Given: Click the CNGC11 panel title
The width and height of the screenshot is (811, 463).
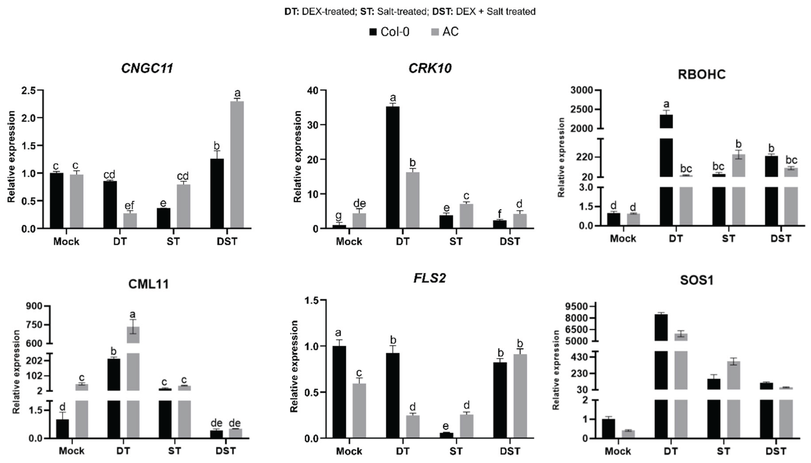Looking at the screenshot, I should tap(147, 68).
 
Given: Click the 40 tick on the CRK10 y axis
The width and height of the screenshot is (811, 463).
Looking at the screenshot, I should tap(313, 91).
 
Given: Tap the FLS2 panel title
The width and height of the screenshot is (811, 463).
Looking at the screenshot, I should tap(429, 278).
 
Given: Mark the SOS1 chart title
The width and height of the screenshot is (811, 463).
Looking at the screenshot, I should tap(696, 280).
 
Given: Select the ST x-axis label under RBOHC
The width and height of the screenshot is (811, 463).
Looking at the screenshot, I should tap(728, 238).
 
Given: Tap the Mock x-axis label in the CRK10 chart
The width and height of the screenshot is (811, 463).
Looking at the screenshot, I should tap(349, 241).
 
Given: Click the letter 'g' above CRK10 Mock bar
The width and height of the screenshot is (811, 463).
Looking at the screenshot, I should tap(338, 216).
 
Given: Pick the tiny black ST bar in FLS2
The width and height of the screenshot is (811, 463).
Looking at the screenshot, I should tap(446, 435).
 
